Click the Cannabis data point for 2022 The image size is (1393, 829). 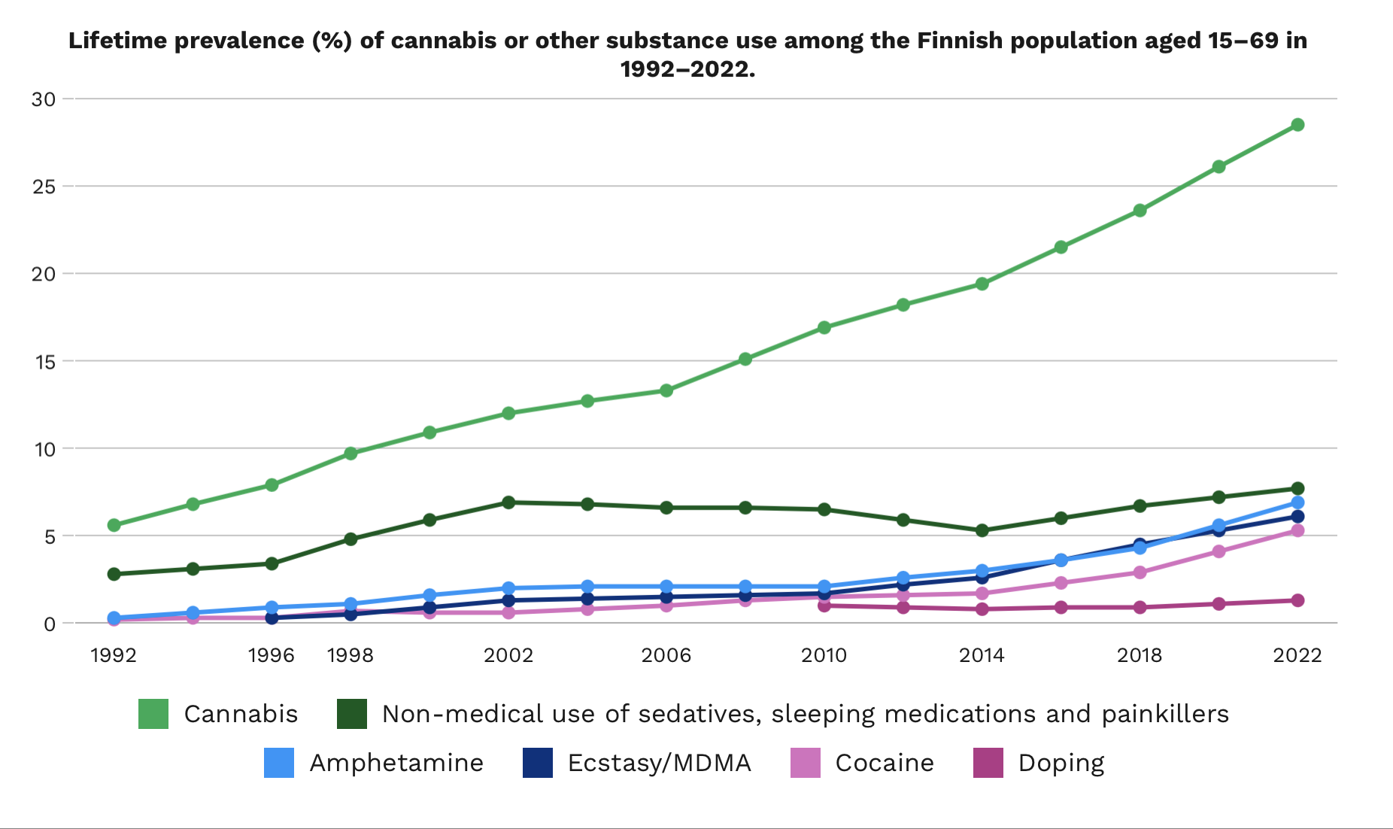tap(1297, 125)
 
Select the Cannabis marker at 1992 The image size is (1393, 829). tap(114, 525)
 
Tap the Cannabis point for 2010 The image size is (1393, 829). tap(824, 327)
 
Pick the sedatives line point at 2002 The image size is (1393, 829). tap(508, 503)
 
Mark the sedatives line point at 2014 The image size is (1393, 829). tap(982, 530)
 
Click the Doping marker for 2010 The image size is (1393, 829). tap(824, 606)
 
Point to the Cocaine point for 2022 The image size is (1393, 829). tap(1297, 530)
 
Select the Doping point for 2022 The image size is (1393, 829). tap(1297, 600)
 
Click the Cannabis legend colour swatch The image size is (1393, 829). tap(153, 714)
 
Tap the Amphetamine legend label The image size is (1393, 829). tap(396, 763)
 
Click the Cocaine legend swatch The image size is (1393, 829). tap(806, 763)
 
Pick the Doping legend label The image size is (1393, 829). tap(1061, 763)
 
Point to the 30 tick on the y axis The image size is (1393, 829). tap(44, 99)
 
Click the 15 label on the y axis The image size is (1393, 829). tap(44, 362)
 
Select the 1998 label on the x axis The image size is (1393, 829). tap(351, 655)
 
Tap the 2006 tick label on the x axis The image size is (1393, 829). tap(666, 655)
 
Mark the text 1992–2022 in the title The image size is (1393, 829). tap(687, 69)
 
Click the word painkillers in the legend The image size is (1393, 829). tap(1165, 714)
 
